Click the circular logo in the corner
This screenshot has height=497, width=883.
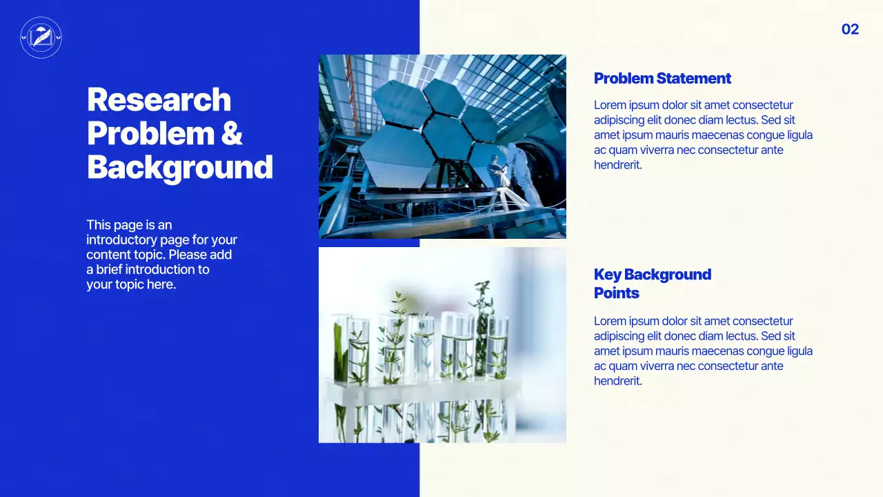click(41, 37)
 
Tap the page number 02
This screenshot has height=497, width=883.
click(850, 29)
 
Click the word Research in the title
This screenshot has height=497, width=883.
click(159, 99)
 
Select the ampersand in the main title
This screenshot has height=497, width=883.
click(232, 133)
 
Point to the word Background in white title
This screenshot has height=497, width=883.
click(179, 168)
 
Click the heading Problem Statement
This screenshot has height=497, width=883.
click(662, 79)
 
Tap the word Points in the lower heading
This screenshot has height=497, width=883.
click(616, 293)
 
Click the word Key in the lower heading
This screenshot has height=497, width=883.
click(607, 275)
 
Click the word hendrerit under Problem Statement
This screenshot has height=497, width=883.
click(617, 165)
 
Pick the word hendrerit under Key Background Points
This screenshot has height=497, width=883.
click(617, 381)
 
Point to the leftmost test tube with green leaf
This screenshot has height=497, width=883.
click(341, 349)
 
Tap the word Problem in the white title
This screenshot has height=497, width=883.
click(150, 133)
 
